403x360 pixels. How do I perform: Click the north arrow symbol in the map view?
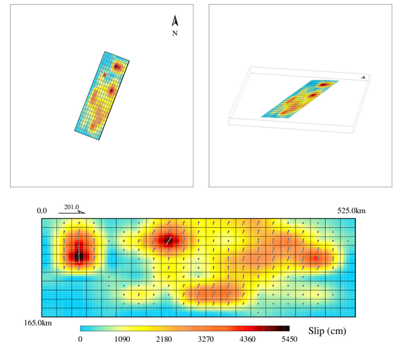pos(175,21)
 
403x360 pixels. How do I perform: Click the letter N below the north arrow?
pos(175,33)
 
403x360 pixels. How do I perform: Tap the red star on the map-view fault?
pos(104,75)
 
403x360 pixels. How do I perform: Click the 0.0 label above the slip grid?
pos(42,211)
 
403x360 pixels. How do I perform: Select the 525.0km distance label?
pos(351,211)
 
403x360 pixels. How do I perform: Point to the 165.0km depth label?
pos(38,323)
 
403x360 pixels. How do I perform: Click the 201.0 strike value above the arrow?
pos(71,207)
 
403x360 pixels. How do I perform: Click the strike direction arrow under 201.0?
pos(72,212)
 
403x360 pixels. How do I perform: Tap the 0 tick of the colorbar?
pos(81,339)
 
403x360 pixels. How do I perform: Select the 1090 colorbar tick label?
pos(122,339)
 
